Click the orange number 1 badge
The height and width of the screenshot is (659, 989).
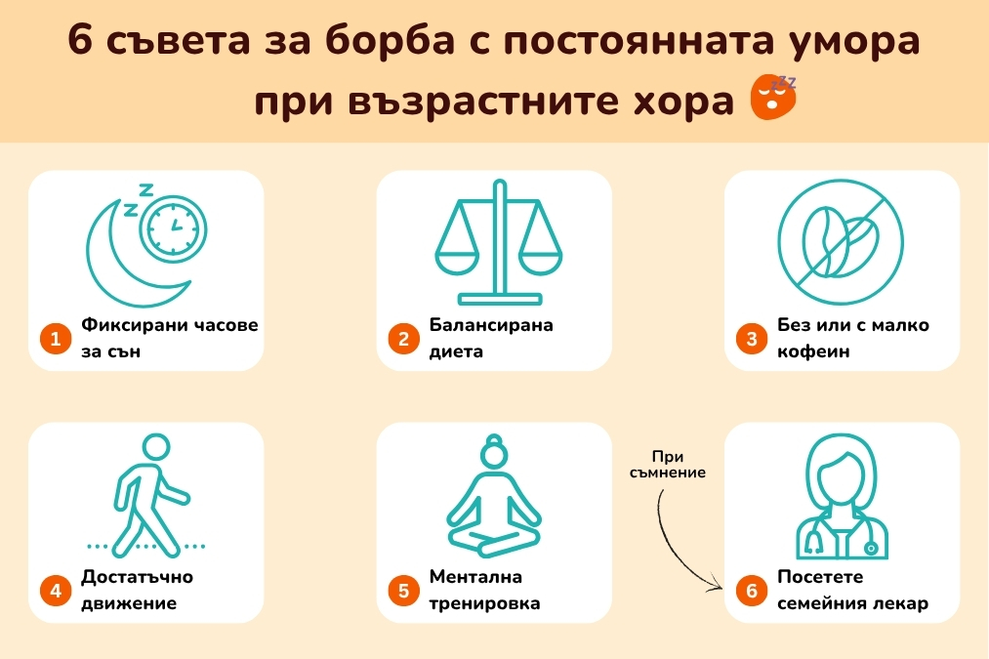click(56, 339)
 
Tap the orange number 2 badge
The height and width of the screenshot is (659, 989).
click(403, 339)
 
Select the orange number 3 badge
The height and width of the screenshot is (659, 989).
click(751, 339)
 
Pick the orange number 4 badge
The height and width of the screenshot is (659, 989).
click(56, 591)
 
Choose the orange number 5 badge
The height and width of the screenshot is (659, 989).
click(403, 591)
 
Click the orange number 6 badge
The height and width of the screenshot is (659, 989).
click(751, 591)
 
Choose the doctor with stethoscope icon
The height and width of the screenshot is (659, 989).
click(841, 498)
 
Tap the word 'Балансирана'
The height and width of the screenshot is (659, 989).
click(491, 325)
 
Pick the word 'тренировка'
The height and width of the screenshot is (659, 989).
click(484, 603)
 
